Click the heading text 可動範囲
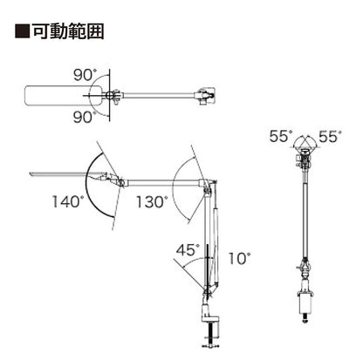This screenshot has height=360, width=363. [68, 31]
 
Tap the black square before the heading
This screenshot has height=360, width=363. [23, 31]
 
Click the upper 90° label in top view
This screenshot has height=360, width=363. [85, 75]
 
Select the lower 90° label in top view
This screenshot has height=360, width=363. [85, 117]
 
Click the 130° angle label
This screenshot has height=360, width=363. [152, 201]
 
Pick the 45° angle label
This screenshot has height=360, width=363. [188, 249]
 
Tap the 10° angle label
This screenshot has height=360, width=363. [239, 258]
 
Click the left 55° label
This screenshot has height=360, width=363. [281, 136]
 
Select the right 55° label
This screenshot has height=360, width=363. [330, 136]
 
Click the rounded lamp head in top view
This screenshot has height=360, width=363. [63, 95]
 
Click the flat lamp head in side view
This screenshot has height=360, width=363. [67, 174]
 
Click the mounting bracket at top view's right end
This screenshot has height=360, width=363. [205, 95]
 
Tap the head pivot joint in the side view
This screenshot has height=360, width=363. [120, 182]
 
